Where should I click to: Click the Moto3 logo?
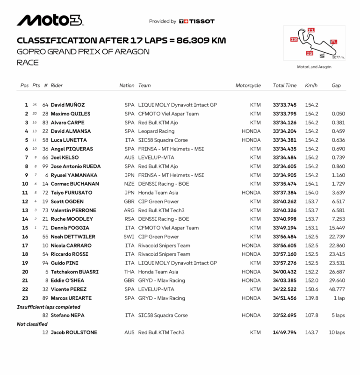point(50,20)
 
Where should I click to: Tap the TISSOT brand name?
point(200,21)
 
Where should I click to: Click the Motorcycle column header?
point(248,86)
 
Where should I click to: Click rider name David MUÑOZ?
point(68,105)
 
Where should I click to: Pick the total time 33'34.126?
point(284,123)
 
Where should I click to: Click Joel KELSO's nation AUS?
point(129,158)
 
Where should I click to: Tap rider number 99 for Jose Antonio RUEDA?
point(45,166)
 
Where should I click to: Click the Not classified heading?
point(32,324)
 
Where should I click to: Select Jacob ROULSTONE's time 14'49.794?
point(284,333)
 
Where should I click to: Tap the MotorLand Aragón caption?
point(314,67)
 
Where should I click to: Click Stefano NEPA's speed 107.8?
point(311,316)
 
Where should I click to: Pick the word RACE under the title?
point(28,62)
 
